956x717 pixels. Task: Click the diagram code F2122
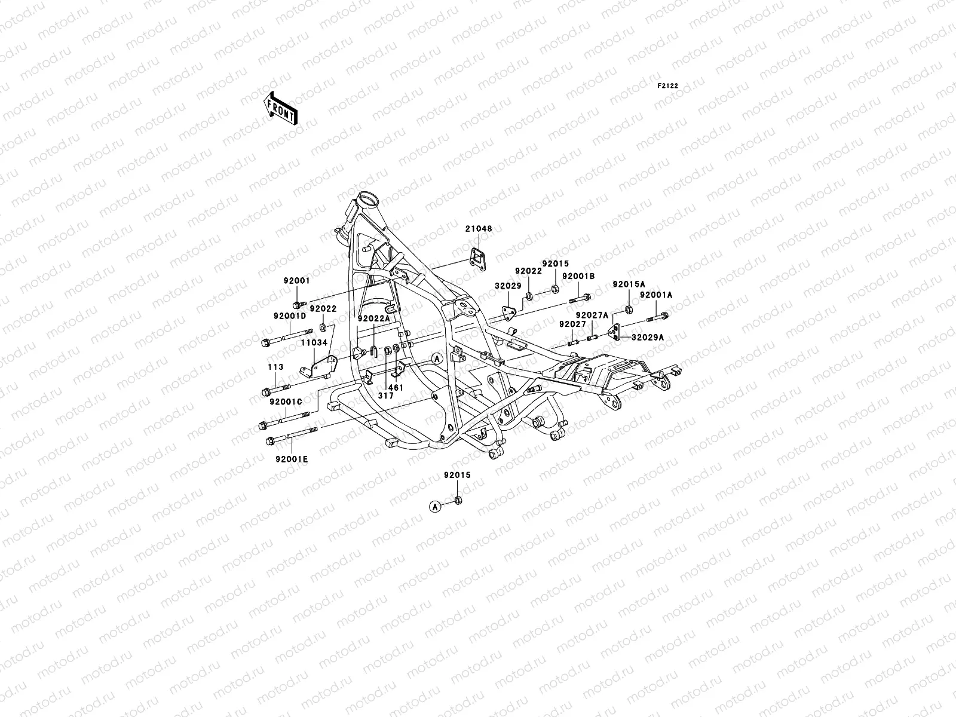[668, 86]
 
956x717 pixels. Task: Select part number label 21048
[480, 229]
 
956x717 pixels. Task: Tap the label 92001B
[578, 276]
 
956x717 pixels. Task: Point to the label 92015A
[629, 284]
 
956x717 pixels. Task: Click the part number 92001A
[656, 295]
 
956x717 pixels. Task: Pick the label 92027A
[592, 315]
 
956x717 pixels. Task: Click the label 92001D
[290, 315]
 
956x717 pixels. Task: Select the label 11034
[314, 343]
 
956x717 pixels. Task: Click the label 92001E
[292, 459]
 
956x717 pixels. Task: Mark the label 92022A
[374, 318]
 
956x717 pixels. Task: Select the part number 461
[397, 388]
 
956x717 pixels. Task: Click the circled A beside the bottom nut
[435, 506]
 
